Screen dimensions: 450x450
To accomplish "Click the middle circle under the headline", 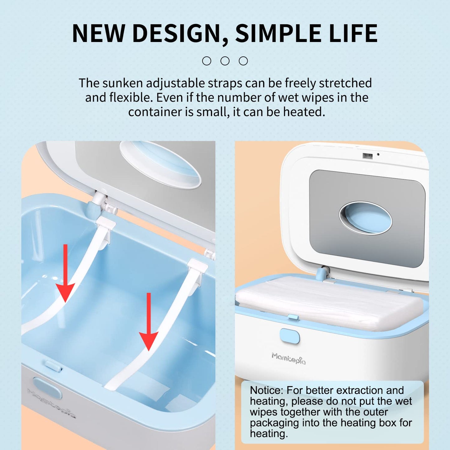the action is (225, 61).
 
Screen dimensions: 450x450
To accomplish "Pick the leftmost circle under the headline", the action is (206, 61).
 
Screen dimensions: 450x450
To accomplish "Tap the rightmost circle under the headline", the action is (243, 61).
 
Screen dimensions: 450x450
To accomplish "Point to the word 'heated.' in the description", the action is (304, 112).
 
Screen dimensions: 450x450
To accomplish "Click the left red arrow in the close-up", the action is (66, 273).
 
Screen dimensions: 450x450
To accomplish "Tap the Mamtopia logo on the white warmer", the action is (288, 358).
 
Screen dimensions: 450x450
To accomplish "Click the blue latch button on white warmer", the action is (290, 336).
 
